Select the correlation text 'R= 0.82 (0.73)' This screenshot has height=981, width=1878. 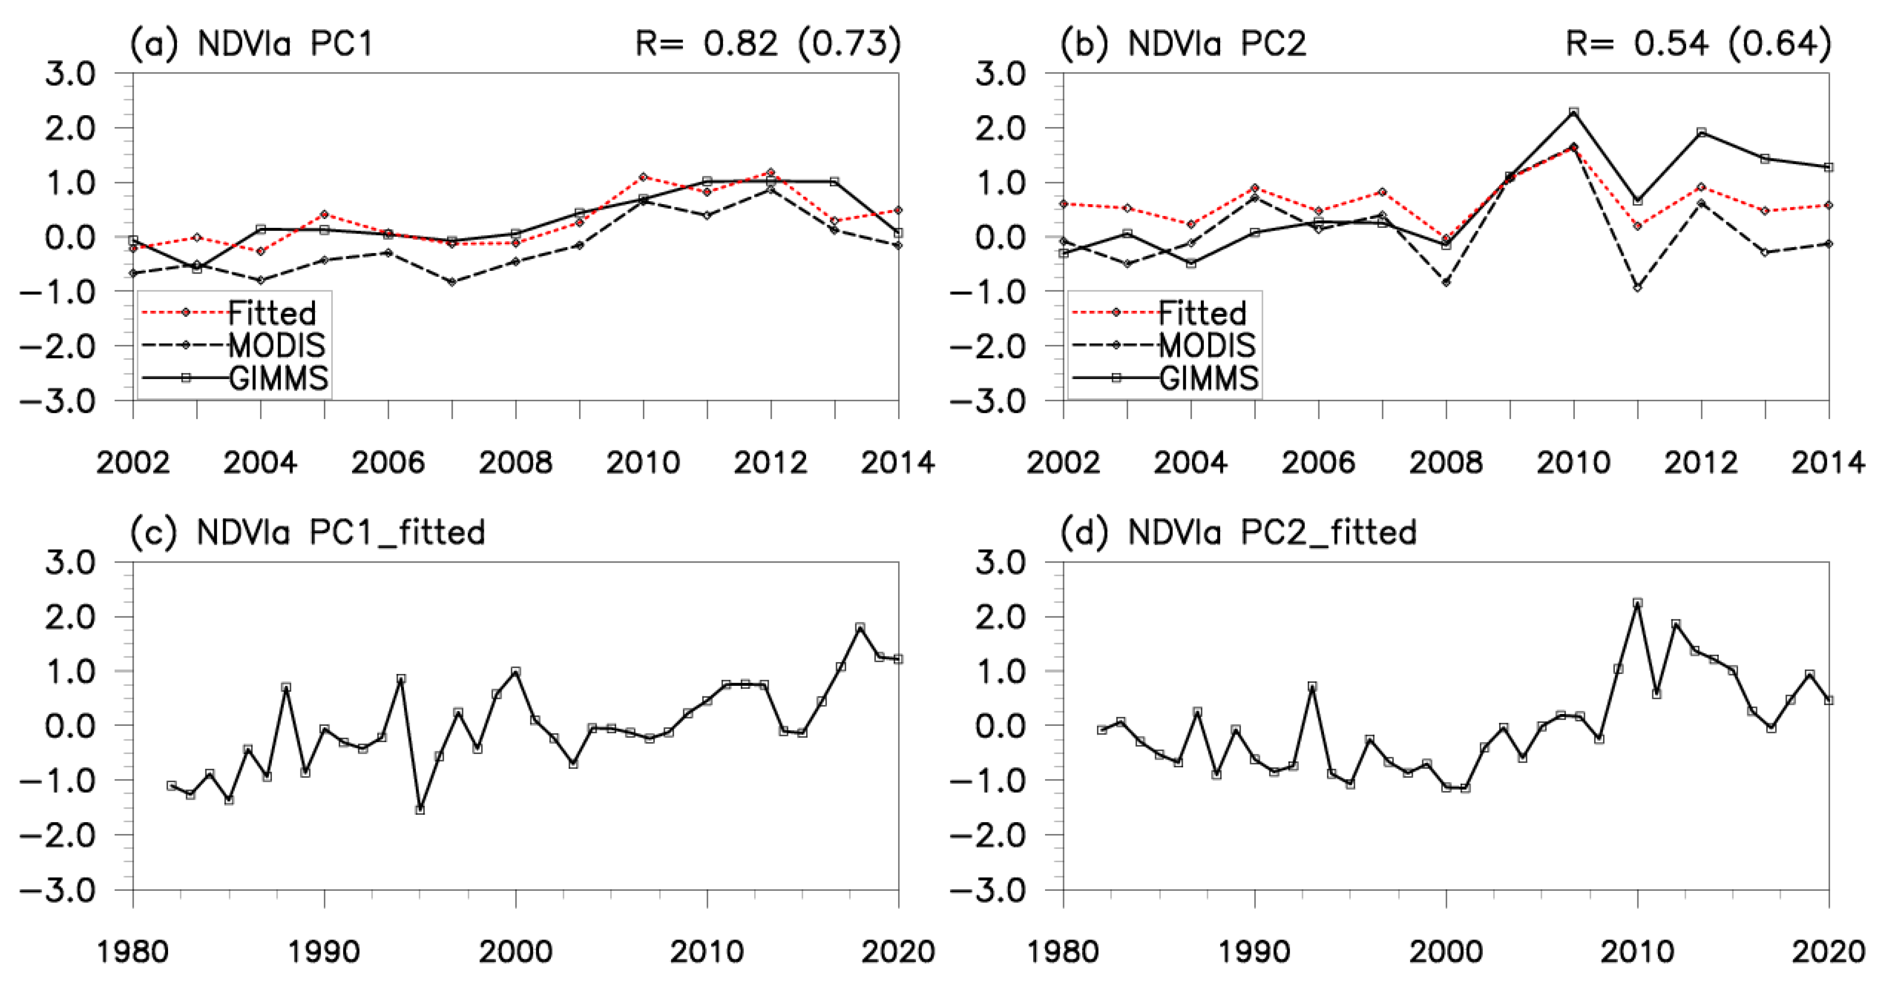768,44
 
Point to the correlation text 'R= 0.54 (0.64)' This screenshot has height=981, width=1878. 1698,44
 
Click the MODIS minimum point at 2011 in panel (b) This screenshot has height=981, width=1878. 1637,288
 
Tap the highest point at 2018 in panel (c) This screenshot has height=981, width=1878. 860,627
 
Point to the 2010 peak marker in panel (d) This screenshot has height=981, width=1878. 1637,603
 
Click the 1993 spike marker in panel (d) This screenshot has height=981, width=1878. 1312,687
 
